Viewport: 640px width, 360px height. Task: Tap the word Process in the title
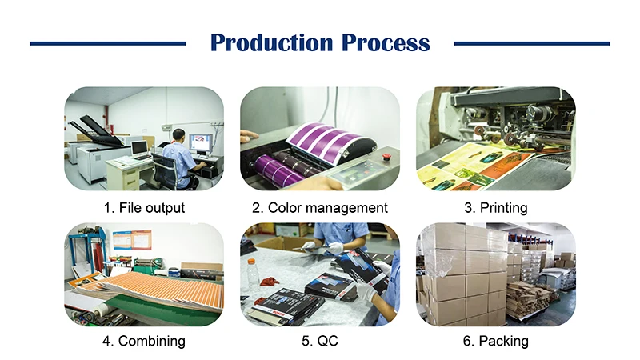[386, 42]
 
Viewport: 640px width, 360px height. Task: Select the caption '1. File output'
[144, 208]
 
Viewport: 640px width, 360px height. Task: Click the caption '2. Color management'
[320, 208]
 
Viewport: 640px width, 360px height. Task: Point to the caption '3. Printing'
[496, 208]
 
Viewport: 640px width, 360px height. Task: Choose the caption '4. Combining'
[144, 342]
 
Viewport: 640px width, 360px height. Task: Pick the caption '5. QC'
[320, 342]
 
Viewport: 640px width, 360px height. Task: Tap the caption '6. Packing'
[496, 342]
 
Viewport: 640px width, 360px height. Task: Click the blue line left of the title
[108, 43]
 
